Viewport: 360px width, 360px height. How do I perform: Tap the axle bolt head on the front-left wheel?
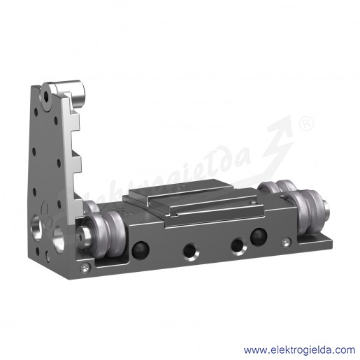point(84,234)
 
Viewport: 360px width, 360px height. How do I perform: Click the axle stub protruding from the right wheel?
point(326,208)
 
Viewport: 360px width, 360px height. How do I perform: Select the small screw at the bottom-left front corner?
point(85,268)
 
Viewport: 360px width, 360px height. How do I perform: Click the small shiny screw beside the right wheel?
point(286,243)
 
